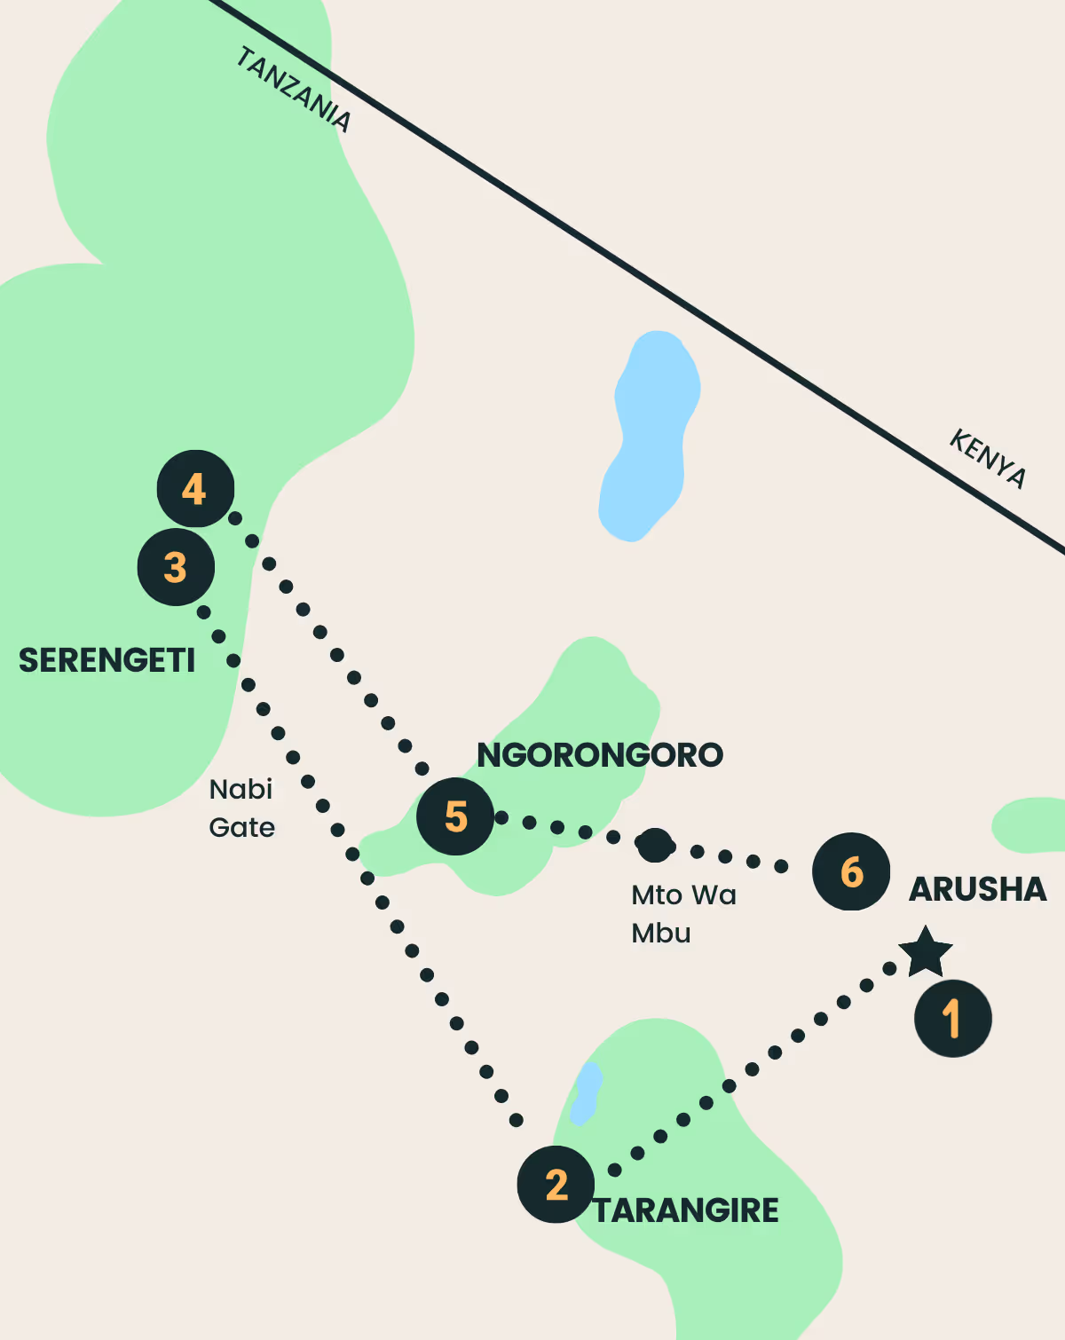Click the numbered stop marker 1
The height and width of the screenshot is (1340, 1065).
tap(952, 1018)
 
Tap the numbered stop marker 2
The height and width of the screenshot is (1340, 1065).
tap(556, 1184)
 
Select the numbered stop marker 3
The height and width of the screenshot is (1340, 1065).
tap(176, 567)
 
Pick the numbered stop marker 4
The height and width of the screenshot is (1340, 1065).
tap(195, 489)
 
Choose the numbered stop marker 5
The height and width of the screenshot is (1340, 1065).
tap(455, 816)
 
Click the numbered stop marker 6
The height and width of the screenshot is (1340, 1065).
tap(851, 871)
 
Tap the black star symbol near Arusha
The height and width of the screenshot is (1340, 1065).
tap(926, 952)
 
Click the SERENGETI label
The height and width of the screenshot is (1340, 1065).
tap(106, 660)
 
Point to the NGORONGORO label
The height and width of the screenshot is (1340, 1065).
tap(600, 755)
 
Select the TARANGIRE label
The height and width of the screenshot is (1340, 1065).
tap(686, 1210)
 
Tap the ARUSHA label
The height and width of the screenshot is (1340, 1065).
tap(977, 889)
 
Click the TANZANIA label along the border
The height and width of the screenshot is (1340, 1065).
tap(294, 90)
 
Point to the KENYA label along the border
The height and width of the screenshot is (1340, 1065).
tap(988, 458)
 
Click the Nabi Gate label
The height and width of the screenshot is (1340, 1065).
tap(241, 808)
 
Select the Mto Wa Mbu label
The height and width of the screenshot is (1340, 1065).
tap(682, 913)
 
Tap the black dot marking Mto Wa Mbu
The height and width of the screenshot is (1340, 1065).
tap(655, 845)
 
